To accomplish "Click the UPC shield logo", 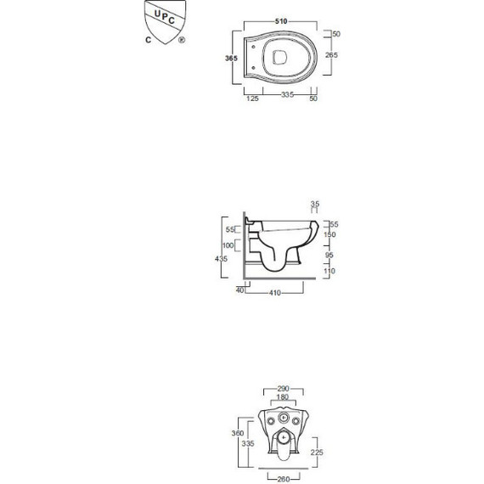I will (164, 21).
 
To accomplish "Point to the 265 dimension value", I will (332, 55).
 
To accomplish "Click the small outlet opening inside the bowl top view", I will (283, 58).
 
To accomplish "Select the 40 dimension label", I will (240, 291).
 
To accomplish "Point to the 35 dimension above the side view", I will (315, 204).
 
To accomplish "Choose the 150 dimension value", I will (330, 234).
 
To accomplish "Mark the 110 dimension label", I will (330, 271).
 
